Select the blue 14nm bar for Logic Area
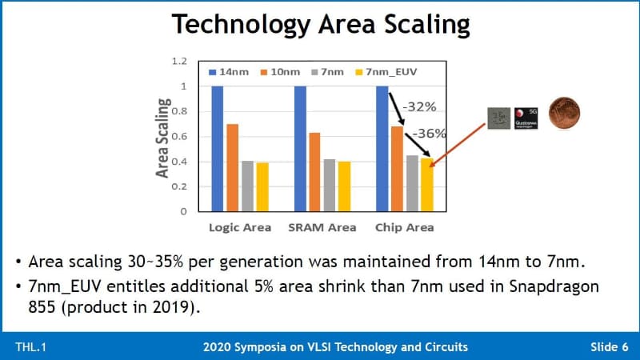coord(218,148)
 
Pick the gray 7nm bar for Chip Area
coord(412,183)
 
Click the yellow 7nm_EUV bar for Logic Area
coord(262,186)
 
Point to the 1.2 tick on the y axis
coord(178,61)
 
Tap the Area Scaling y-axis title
coord(163,138)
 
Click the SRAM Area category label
coord(322,227)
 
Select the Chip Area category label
coord(405,227)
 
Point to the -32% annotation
coord(418,106)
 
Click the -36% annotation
coord(430,134)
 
